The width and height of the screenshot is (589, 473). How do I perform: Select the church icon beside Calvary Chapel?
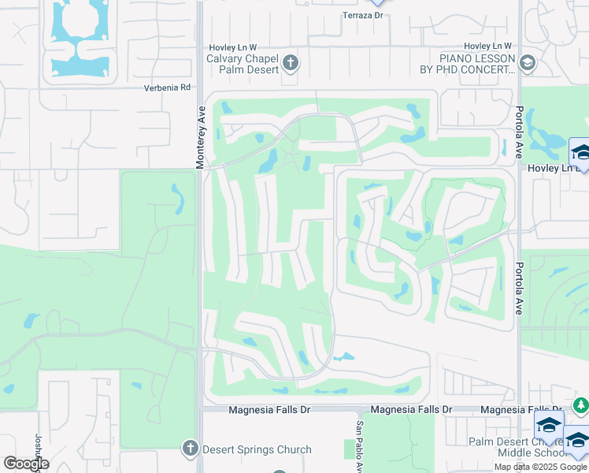tap(291, 63)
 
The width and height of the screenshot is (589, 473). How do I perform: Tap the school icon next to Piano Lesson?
tap(528, 63)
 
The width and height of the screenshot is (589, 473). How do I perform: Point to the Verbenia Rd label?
tap(168, 88)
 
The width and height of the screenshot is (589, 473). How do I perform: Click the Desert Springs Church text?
tap(257, 450)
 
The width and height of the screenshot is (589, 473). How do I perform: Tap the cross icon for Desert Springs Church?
tap(190, 449)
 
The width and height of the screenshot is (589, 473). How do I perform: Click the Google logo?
tap(25, 464)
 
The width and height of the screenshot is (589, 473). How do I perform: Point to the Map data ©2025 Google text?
tap(540, 467)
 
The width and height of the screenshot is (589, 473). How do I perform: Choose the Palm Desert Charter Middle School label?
tap(517, 448)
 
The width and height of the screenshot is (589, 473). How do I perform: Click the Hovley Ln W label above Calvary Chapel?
tap(232, 47)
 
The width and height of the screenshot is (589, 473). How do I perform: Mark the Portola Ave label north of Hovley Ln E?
tap(520, 131)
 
